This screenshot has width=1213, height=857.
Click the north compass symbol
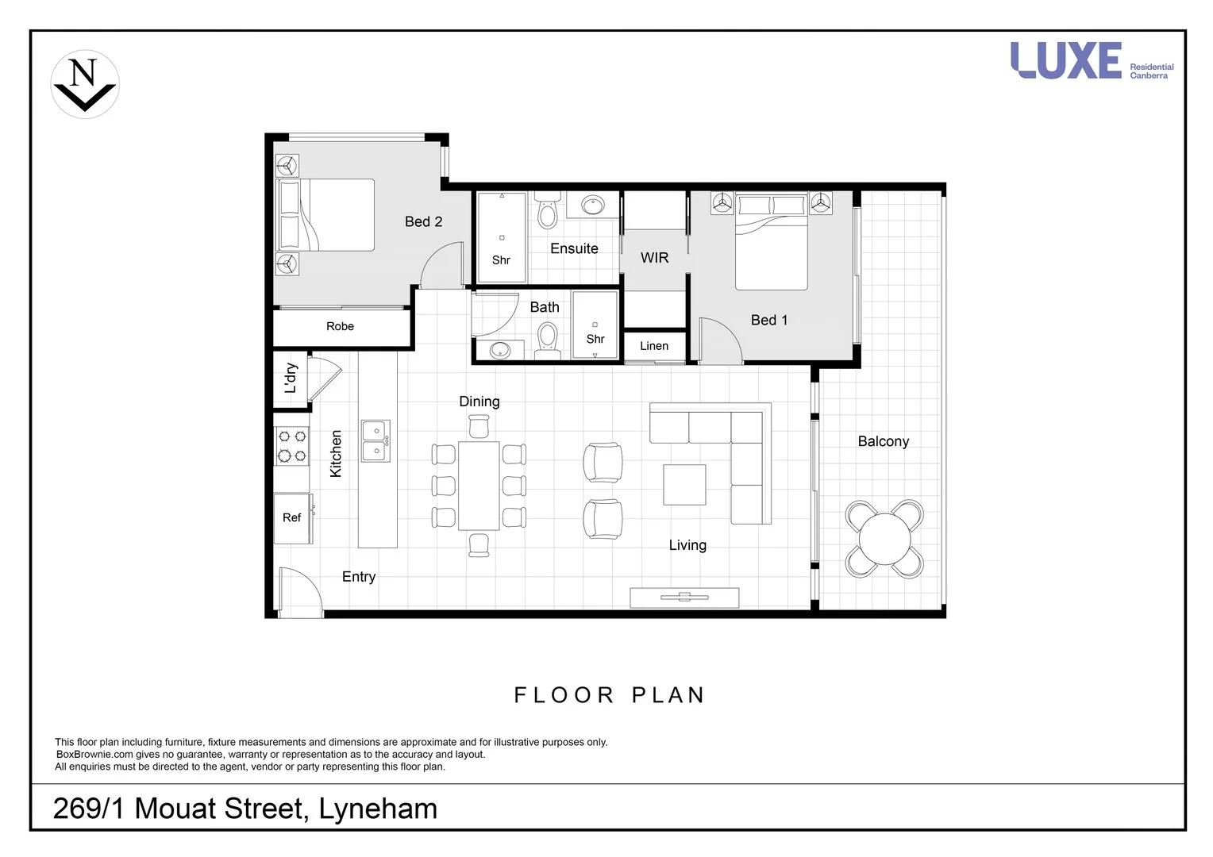(x=85, y=84)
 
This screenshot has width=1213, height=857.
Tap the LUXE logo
(x=1065, y=61)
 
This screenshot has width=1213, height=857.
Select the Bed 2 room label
(x=423, y=222)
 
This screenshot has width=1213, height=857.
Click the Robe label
(x=340, y=326)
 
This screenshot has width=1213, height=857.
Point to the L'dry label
(x=291, y=378)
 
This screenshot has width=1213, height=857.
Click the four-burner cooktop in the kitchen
(x=291, y=446)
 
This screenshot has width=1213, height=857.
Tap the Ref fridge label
(x=291, y=517)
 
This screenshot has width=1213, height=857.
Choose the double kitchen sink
(x=375, y=441)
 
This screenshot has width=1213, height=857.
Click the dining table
(x=479, y=485)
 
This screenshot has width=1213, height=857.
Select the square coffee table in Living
(x=684, y=485)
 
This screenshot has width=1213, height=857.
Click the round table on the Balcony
(x=884, y=538)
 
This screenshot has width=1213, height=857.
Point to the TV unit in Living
(x=684, y=598)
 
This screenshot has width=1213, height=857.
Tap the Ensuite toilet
(x=547, y=213)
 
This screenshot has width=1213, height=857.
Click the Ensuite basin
(x=592, y=206)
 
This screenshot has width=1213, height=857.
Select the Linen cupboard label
(x=654, y=346)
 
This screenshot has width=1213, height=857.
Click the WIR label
(x=654, y=258)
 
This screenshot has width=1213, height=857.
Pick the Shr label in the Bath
(x=595, y=339)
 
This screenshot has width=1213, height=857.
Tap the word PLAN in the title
(x=668, y=695)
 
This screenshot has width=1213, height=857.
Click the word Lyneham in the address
(x=378, y=809)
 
